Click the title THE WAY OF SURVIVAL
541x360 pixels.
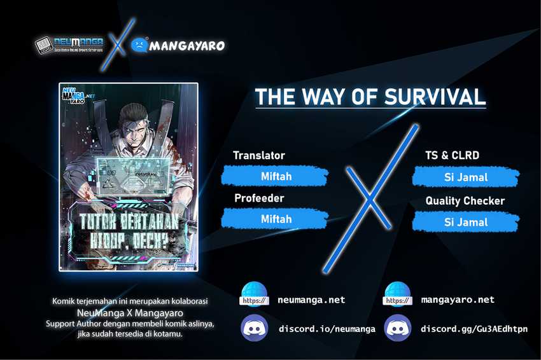coord(370,96)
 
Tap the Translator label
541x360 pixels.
coord(258,156)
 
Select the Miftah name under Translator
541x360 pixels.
coord(276,176)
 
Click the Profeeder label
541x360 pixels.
coord(258,198)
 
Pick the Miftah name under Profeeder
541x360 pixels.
coord(276,219)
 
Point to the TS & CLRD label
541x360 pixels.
coord(452,156)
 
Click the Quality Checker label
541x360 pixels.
coord(465,201)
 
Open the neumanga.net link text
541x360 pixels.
coord(311,300)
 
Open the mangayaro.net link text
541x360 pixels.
coord(457,300)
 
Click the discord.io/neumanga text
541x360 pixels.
coord(327,329)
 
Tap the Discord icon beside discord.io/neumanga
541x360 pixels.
coord(254,328)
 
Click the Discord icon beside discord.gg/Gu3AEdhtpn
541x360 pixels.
coord(398,328)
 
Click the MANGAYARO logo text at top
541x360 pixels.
coord(186,46)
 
